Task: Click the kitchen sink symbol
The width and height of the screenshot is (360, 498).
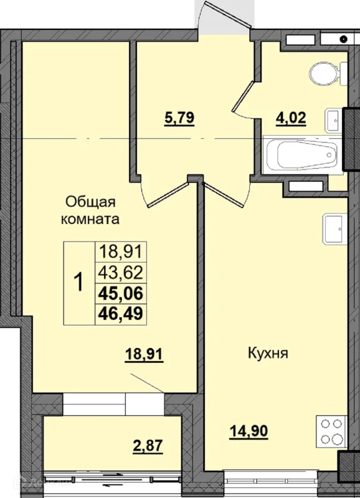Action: click(335, 229)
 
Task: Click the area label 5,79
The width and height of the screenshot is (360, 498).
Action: click(179, 118)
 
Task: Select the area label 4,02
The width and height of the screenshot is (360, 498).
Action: click(291, 118)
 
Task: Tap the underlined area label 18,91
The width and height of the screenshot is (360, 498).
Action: click(144, 354)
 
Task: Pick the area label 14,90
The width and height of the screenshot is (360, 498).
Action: click(249, 431)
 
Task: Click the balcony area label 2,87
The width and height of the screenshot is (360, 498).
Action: click(148, 446)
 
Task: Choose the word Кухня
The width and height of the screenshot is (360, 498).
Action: click(268, 353)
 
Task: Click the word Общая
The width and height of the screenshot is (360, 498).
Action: click(90, 202)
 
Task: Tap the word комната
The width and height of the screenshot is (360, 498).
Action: click(90, 220)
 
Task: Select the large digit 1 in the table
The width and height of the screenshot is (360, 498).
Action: click(78, 283)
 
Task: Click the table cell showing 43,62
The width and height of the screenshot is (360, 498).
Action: click(121, 273)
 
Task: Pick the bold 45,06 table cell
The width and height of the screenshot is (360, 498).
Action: click(121, 293)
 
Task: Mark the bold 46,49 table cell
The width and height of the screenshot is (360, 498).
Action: click(121, 314)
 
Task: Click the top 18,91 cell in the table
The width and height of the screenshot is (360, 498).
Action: click(121, 252)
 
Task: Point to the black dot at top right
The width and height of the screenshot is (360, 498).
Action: click(343, 39)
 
